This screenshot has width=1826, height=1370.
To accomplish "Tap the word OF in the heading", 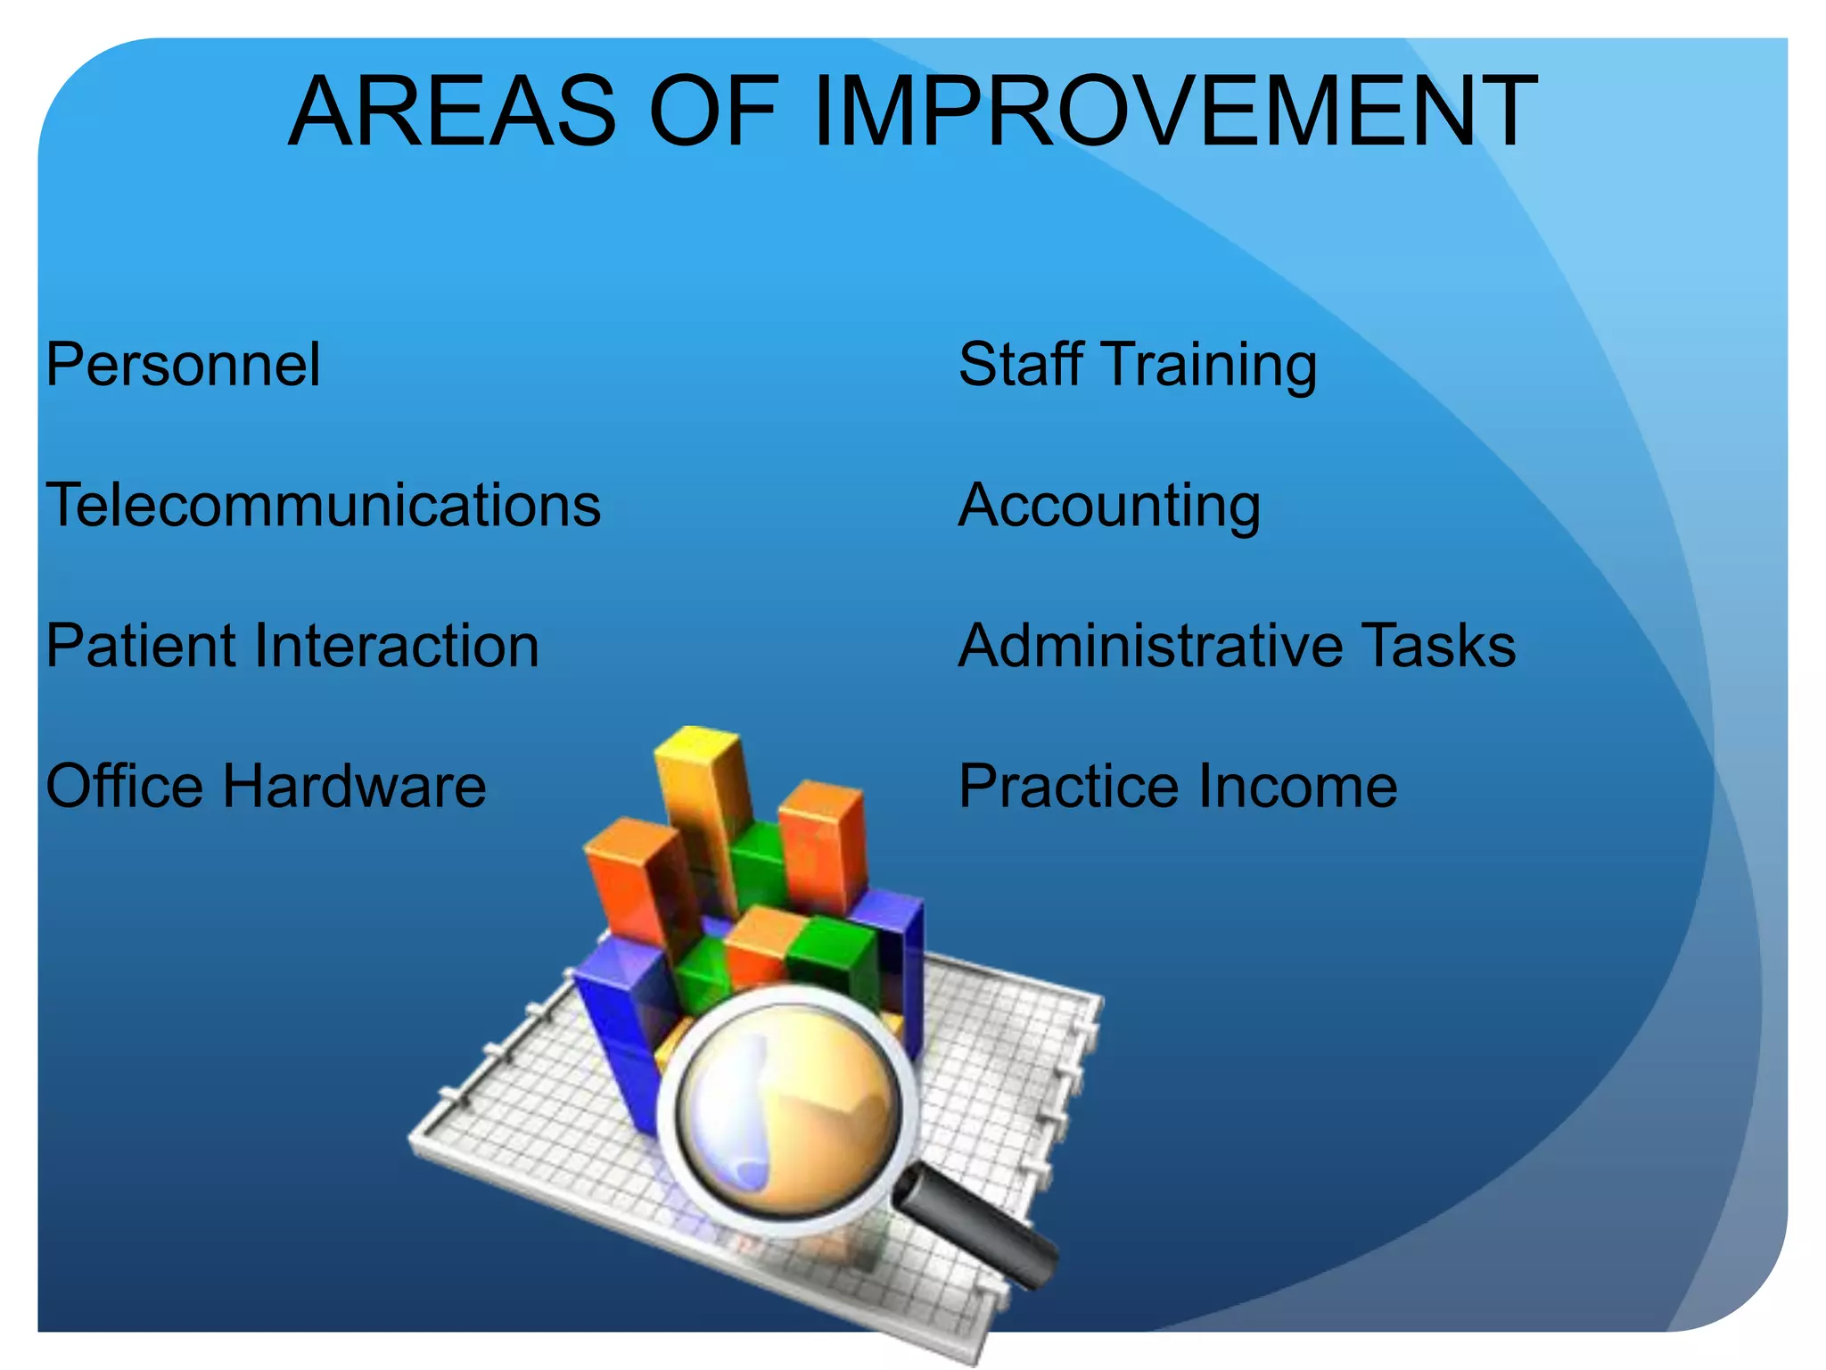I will pyautogui.click(x=713, y=111).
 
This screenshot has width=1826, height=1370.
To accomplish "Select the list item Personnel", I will pyautogui.click(x=183, y=365).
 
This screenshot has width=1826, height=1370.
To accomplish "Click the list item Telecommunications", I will pyautogui.click(x=323, y=505).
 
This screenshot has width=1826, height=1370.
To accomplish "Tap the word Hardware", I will pyautogui.click(x=354, y=786).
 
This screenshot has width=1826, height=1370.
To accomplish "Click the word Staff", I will pyautogui.click(x=1021, y=365).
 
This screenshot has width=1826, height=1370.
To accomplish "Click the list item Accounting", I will pyautogui.click(x=1109, y=507).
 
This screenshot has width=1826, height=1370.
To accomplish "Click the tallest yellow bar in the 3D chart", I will pyautogui.click(x=704, y=803).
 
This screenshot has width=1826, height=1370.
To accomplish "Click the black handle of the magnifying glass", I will pyautogui.click(x=981, y=1231).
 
